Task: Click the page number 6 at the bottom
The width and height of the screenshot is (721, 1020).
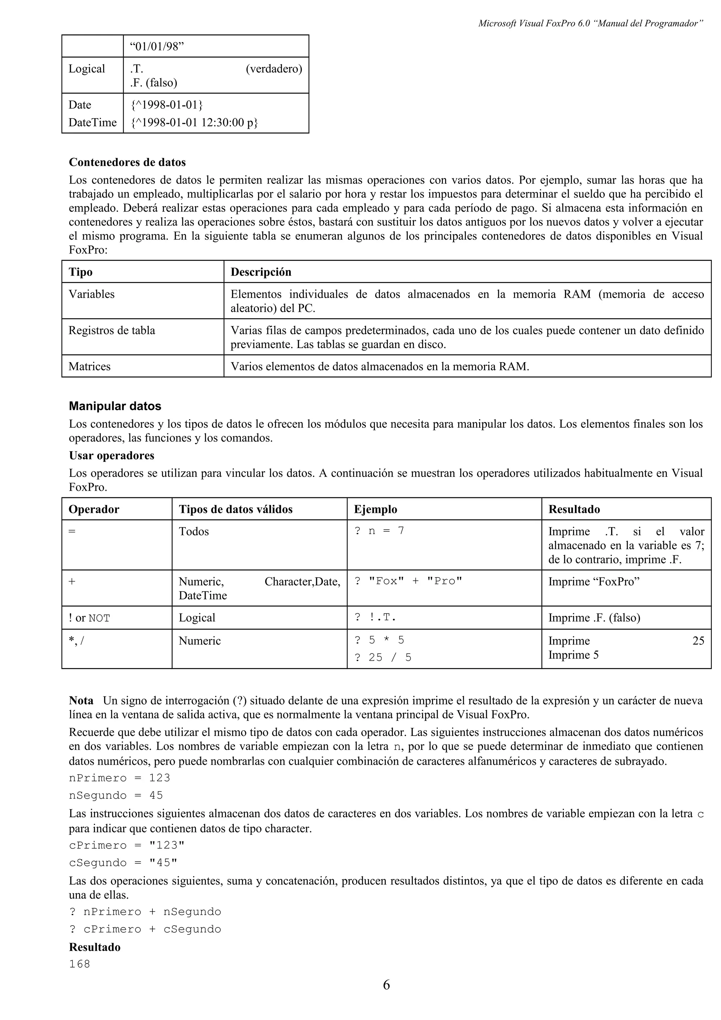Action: tap(386, 985)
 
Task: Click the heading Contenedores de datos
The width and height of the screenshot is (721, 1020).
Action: tap(127, 162)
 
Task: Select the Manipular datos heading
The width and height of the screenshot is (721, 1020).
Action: tap(115, 406)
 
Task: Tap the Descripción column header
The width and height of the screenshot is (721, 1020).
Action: tap(261, 272)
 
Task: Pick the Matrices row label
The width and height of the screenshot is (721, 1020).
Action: tap(89, 366)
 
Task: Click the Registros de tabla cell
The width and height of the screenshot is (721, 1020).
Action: tap(112, 330)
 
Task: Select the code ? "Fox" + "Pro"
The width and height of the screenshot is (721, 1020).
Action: tap(408, 581)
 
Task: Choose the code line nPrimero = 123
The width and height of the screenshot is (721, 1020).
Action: tap(119, 778)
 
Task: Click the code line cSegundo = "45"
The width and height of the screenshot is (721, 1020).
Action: tap(123, 863)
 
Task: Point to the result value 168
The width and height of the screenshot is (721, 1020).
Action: tap(80, 964)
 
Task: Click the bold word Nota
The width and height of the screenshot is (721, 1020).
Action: tap(81, 700)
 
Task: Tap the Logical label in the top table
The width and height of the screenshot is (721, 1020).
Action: tap(87, 69)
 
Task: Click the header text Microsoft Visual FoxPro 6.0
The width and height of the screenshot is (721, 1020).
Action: tap(535, 24)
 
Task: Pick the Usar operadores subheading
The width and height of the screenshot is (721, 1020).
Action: tap(112, 455)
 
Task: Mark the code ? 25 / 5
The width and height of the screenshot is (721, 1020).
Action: tap(383, 657)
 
